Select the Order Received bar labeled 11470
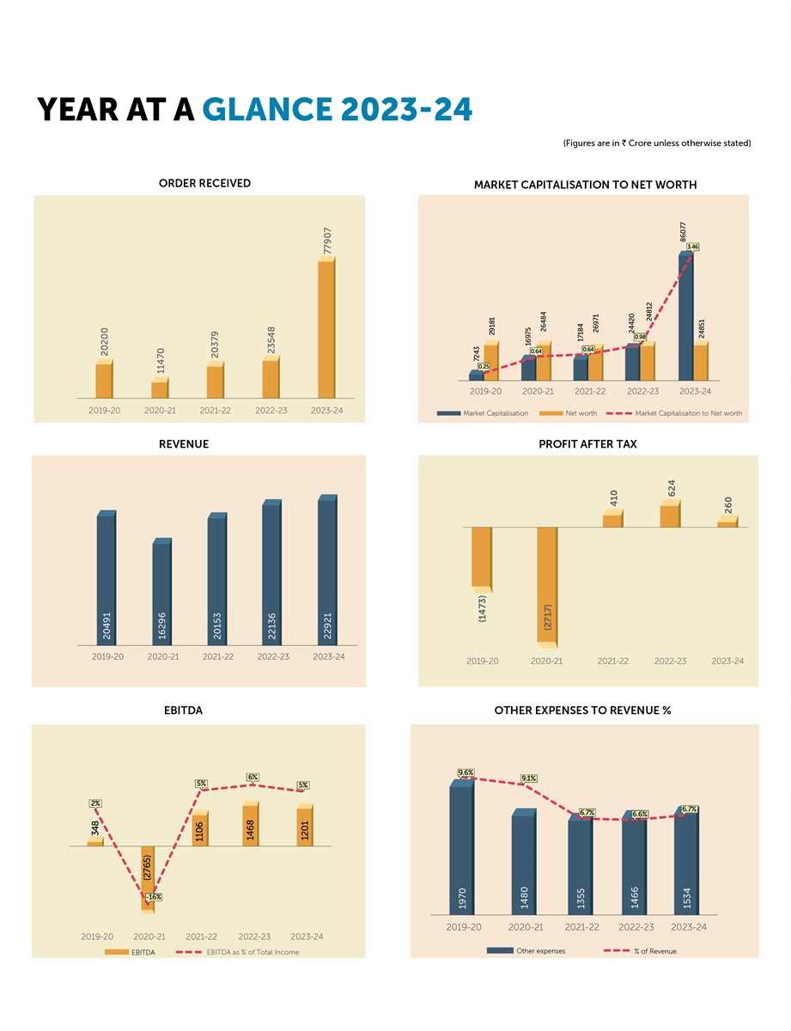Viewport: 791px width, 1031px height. point(160,389)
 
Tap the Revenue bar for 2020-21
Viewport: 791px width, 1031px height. point(161,593)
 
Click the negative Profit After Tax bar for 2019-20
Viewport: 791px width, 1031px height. point(481,559)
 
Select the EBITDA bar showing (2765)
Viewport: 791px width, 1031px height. point(148,876)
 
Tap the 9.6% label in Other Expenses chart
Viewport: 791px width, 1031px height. point(466,772)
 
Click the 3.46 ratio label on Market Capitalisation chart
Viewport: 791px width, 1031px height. point(693,247)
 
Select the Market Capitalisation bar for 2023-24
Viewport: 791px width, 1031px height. point(685,318)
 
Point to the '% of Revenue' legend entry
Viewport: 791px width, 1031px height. point(654,951)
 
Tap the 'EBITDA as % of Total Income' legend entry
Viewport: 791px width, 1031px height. point(253,952)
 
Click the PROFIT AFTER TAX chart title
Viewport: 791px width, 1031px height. point(587,444)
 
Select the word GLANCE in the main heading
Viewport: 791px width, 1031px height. point(266,110)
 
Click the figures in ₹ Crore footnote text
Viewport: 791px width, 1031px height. point(657,143)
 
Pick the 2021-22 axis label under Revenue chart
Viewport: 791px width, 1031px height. point(217,656)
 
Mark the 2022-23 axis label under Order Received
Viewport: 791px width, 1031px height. point(271,411)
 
